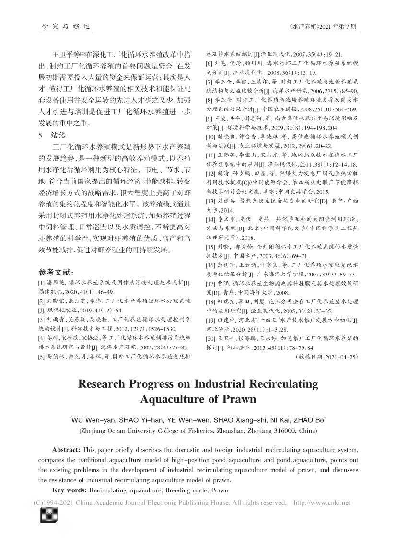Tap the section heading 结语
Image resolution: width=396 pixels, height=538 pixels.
[x=58, y=135]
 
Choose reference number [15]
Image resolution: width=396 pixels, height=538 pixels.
[x=211, y=246]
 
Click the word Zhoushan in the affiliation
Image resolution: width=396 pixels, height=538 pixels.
[x=231, y=430]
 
